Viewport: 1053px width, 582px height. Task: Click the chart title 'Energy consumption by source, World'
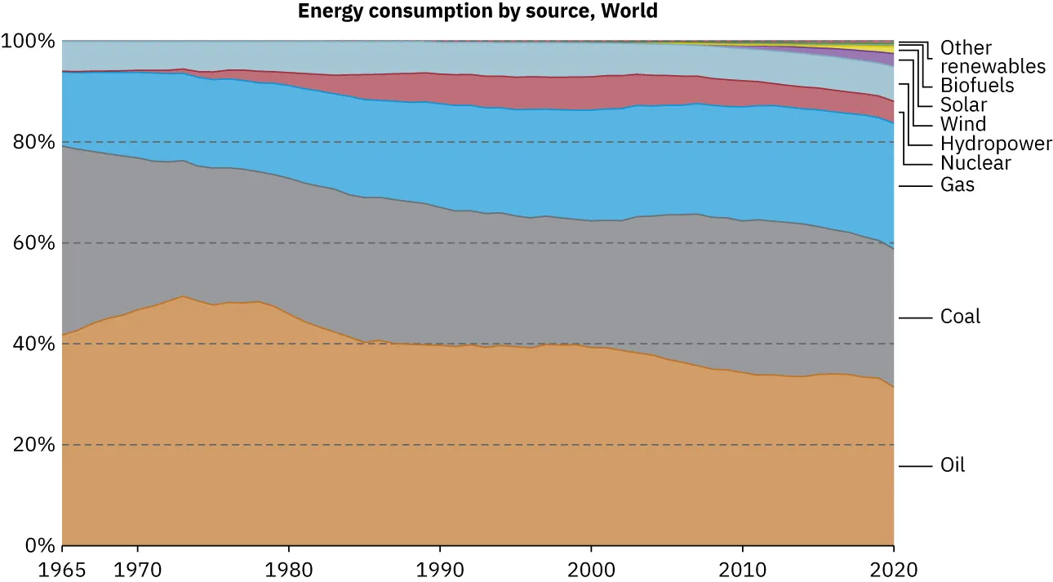pyautogui.click(x=478, y=11)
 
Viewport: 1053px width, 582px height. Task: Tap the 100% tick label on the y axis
pyautogui.click(x=29, y=41)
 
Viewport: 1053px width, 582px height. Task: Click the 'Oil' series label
pyautogui.click(x=953, y=465)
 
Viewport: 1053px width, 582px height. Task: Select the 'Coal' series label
pyautogui.click(x=960, y=317)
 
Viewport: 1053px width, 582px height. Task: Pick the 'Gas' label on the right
pyautogui.click(x=957, y=185)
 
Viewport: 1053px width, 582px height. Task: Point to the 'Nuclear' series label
pyautogui.click(x=975, y=163)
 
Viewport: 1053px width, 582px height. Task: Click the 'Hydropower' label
pyautogui.click(x=996, y=144)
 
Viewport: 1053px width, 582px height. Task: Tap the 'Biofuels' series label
pyautogui.click(x=977, y=85)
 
